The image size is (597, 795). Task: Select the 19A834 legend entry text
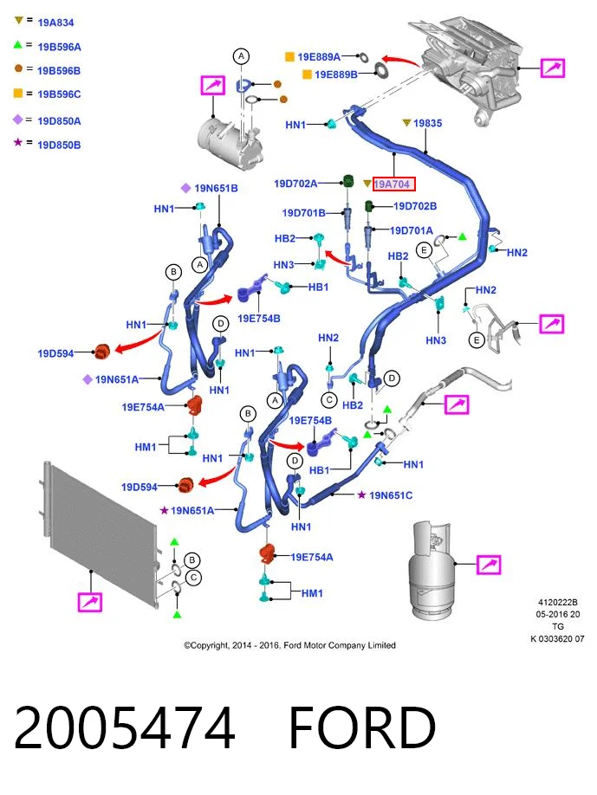click(55, 23)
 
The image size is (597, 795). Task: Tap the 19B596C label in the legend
click(59, 94)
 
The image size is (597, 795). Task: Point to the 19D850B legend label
click(59, 145)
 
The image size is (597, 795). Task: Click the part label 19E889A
click(319, 57)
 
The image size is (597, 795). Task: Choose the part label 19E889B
click(336, 74)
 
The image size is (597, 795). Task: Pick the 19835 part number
click(427, 123)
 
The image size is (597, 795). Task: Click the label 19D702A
click(295, 184)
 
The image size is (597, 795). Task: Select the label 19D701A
click(411, 230)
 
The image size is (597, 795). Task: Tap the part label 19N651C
click(391, 495)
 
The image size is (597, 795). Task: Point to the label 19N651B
click(216, 189)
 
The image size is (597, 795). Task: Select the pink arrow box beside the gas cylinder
click(489, 565)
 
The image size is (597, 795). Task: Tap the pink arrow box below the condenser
click(90, 602)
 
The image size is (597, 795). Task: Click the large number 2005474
click(124, 727)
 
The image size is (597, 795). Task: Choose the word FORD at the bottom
click(362, 727)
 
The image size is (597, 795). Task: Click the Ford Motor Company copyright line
click(289, 645)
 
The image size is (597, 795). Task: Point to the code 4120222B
click(557, 603)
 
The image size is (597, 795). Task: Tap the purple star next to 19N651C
click(361, 494)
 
